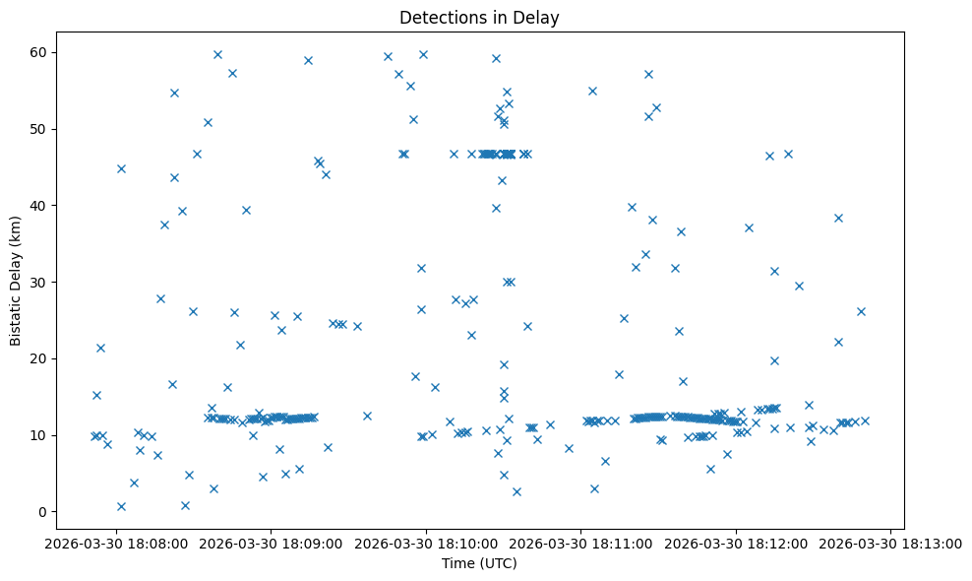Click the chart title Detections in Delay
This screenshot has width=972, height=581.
point(479,17)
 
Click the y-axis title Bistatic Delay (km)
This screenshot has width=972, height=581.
point(16,280)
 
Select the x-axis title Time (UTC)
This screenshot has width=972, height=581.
point(479,563)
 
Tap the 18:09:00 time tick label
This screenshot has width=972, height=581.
point(272,542)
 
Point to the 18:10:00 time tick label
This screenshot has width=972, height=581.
point(426,542)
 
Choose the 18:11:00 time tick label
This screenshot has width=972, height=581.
point(581,542)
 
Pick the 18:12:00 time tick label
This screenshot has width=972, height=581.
point(736,542)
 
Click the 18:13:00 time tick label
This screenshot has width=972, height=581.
point(891,542)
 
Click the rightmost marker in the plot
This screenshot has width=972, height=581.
point(865,420)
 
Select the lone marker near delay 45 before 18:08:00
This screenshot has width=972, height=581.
point(121,168)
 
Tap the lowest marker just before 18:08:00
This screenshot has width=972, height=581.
point(121,506)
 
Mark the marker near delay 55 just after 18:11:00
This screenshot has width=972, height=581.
point(592,91)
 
